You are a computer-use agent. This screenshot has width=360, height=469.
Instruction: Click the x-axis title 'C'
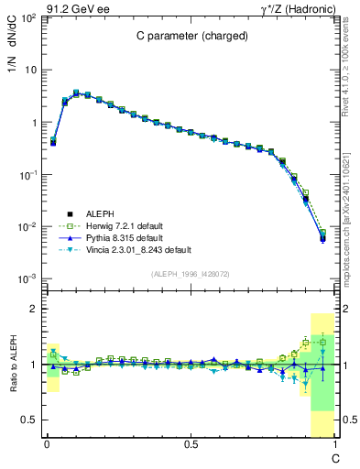point(335,457)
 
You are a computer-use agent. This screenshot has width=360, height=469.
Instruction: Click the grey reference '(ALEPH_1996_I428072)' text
point(190,274)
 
